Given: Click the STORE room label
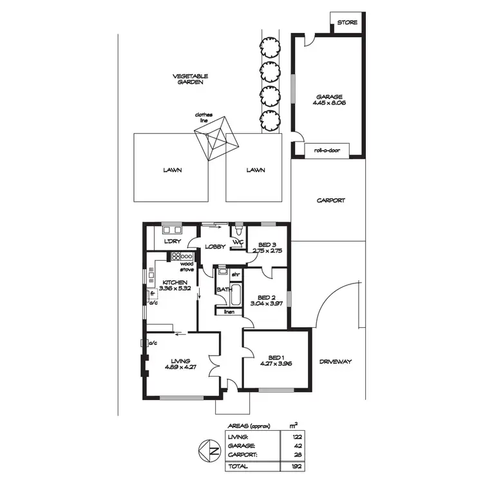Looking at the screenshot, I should tap(347, 23).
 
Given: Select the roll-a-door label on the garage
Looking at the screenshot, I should tap(327, 151).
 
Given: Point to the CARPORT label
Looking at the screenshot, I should tap(330, 200).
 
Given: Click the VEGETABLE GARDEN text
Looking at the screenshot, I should tap(191, 79).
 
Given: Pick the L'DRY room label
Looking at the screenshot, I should tap(171, 241).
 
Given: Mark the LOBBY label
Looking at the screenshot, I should tap(214, 247).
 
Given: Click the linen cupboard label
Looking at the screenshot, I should tap(229, 312).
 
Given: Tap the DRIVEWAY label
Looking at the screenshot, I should tap(336, 362).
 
